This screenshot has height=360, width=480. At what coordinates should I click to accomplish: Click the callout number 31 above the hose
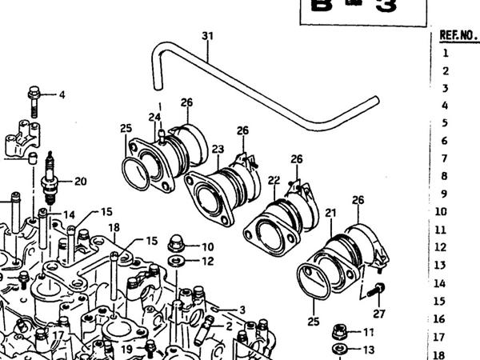coord(208,36)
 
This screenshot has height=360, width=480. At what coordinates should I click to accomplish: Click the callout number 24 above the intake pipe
coord(154,118)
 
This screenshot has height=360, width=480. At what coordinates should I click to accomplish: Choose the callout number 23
coord(218,149)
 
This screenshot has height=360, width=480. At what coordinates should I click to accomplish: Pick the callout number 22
coord(274,180)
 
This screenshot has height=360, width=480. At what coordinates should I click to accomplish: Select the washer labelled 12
coord(177,261)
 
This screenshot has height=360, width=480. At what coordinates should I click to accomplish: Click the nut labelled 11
coord(339,331)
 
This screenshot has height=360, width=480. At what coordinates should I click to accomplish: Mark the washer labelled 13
coord(339,349)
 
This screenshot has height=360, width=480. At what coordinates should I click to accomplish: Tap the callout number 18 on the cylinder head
coord(114,228)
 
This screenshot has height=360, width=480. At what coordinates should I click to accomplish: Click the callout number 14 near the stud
coord(69,214)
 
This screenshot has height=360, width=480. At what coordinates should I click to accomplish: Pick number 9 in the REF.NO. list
coord(444,194)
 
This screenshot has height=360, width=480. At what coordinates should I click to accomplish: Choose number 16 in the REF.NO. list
coord(439,318)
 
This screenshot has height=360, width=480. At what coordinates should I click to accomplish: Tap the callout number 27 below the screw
coord(379,313)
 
